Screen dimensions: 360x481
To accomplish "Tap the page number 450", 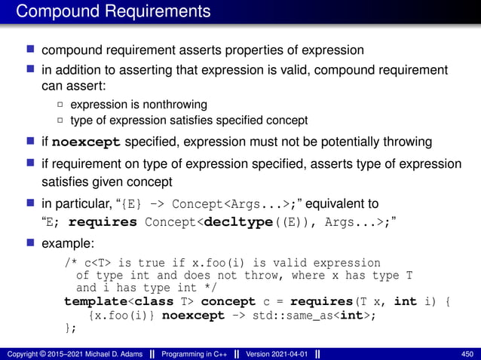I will (466, 354).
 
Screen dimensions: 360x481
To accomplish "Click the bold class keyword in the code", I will (148, 302).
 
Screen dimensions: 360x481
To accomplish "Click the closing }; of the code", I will (70, 328).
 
